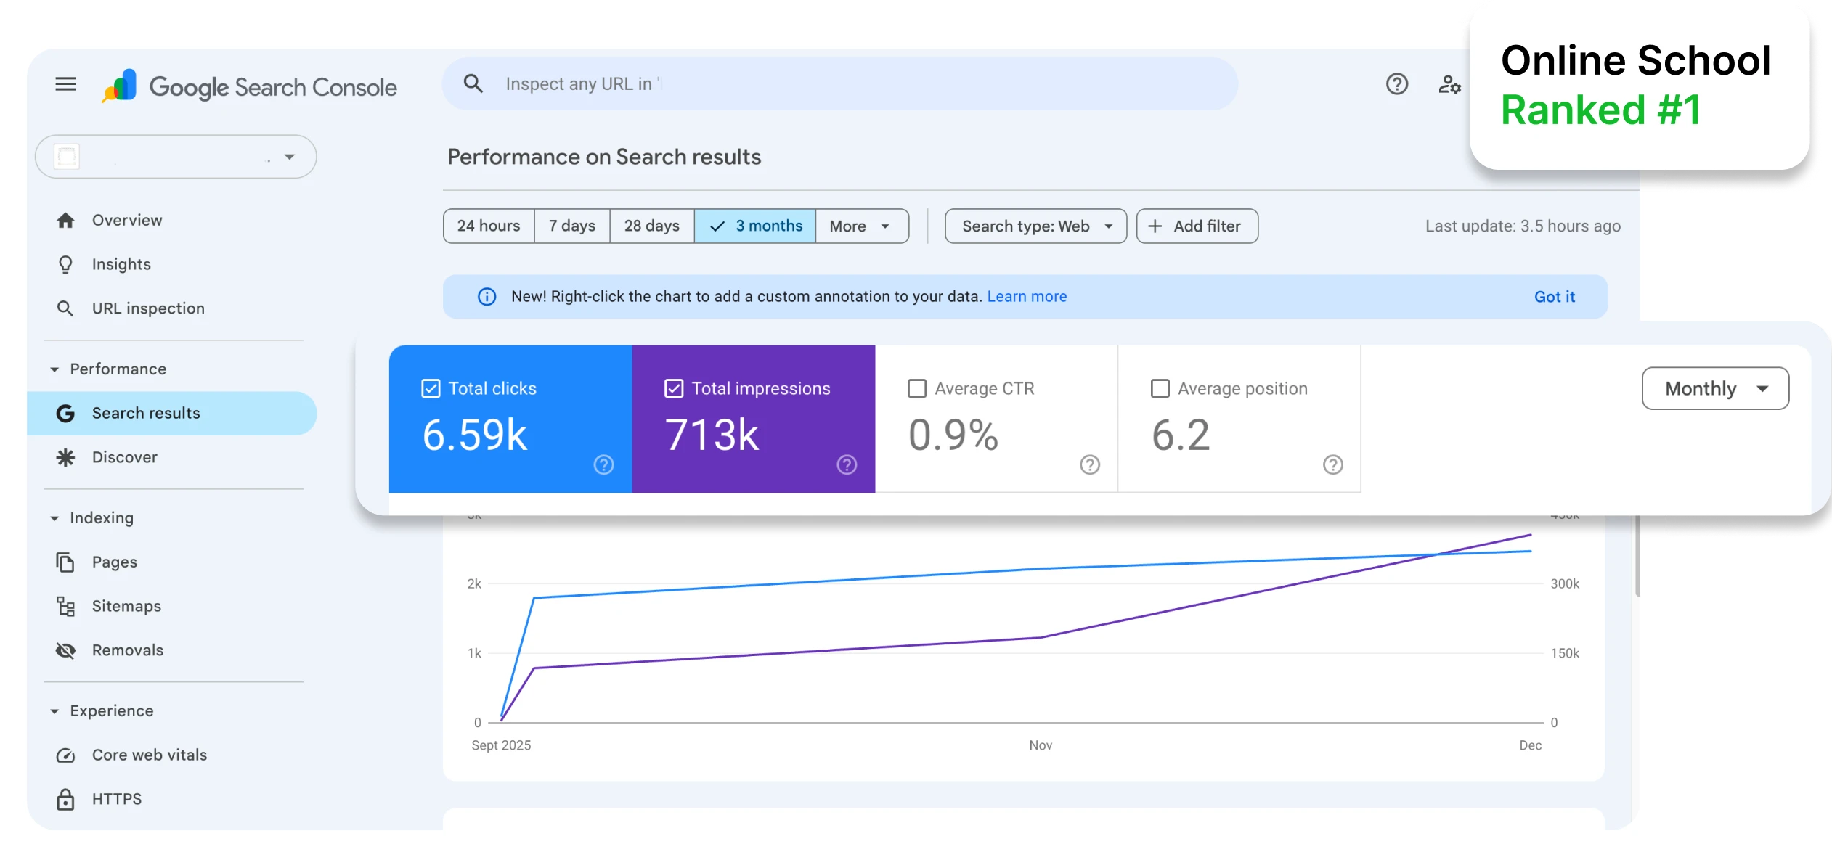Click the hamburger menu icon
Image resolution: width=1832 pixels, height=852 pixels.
click(65, 84)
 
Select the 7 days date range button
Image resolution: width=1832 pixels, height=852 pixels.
click(572, 226)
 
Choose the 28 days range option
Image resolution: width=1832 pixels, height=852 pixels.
click(651, 226)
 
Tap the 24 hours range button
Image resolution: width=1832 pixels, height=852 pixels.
click(489, 226)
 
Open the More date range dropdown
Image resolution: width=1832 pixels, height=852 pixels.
click(861, 226)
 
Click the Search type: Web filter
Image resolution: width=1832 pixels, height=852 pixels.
click(1035, 226)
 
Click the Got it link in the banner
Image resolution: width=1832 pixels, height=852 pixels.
click(1554, 297)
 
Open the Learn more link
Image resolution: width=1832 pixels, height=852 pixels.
click(1027, 297)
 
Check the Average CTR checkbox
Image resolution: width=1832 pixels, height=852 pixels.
click(917, 389)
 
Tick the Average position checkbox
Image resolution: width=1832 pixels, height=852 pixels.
click(1160, 389)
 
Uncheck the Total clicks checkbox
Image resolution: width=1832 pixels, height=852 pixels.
click(431, 389)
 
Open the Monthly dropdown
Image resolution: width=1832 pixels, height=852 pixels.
click(1715, 389)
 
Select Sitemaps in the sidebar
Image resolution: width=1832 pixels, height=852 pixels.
click(126, 606)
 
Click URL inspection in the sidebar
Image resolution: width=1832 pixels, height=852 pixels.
click(148, 308)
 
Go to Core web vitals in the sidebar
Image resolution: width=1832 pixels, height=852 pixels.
click(149, 755)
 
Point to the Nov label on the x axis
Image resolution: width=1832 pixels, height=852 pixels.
click(1041, 745)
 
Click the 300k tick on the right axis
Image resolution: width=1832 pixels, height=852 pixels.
click(1565, 584)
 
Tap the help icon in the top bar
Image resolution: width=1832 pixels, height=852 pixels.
click(1396, 84)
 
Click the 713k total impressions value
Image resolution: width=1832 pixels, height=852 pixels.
click(712, 435)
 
